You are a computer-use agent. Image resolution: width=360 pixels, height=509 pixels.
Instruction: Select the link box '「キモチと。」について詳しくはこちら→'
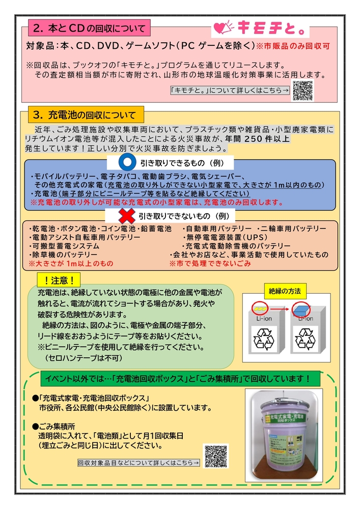coord(230,91)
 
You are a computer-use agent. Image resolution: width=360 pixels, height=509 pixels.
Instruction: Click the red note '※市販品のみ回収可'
coord(293,46)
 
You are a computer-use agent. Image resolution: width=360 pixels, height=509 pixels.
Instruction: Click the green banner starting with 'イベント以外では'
coord(177,379)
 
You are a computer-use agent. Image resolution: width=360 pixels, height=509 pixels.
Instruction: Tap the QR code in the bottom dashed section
coord(216,456)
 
